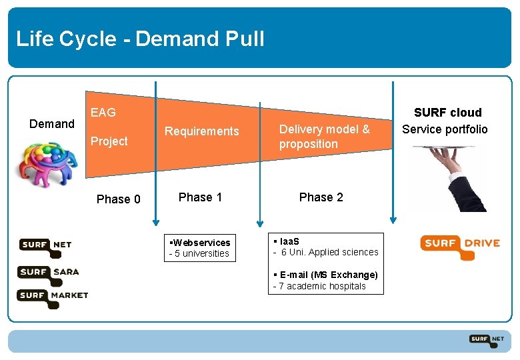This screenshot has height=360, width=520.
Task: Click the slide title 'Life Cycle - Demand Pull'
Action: [x=140, y=39]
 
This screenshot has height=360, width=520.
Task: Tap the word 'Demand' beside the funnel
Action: [x=52, y=124]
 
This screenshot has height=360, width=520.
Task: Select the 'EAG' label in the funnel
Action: [x=103, y=113]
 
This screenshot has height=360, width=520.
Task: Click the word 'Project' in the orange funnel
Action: [x=109, y=141]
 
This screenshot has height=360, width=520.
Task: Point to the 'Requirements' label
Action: [x=201, y=131]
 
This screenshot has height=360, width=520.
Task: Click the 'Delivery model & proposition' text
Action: [x=324, y=137]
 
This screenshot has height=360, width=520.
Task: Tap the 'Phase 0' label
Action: [x=118, y=199]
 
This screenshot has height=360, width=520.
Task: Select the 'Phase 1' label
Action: [x=200, y=197]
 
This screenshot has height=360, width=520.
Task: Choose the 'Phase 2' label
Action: [x=321, y=197]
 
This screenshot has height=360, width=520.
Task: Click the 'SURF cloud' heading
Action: [x=447, y=113]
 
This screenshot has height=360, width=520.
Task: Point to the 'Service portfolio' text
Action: [x=445, y=129]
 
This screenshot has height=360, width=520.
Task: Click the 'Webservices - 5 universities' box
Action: [x=200, y=248]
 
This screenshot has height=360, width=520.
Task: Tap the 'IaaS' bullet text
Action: [x=286, y=241]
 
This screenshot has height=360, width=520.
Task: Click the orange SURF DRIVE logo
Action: [x=459, y=244]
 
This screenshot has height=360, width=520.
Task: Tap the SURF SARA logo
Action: [x=49, y=273]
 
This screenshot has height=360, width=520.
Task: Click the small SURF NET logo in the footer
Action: [x=486, y=340]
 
